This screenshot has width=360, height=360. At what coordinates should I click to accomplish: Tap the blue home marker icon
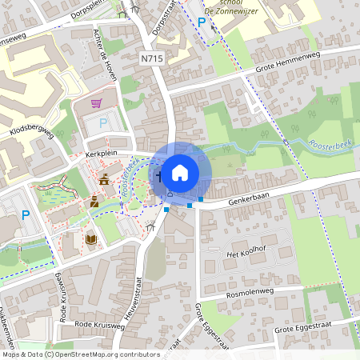pos(180,171)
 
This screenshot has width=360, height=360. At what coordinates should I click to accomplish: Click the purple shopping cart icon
pos(97,103)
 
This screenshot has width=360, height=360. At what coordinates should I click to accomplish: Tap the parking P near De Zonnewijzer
pos(202,22)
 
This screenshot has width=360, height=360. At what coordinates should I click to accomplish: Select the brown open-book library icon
pos(90,238)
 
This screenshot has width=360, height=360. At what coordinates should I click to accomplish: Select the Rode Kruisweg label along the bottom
pos(99,326)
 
